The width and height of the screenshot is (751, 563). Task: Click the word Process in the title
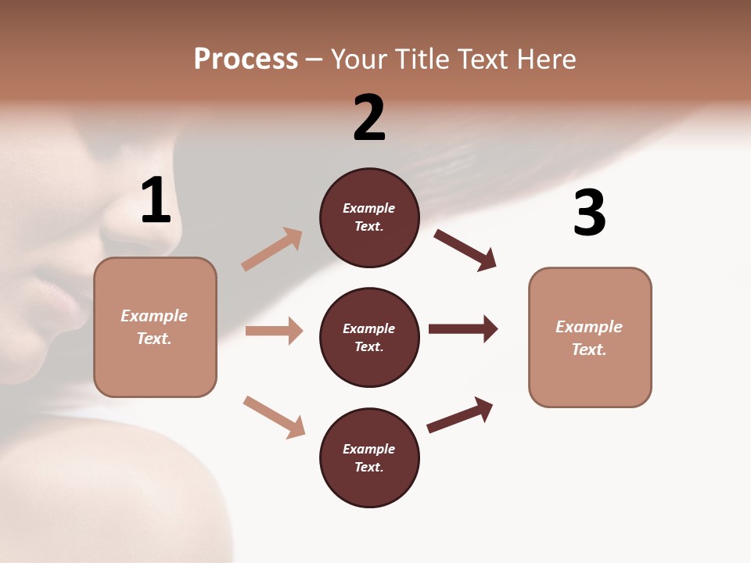tap(246, 59)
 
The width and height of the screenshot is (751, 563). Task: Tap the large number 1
tap(156, 200)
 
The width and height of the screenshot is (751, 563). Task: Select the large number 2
tap(369, 118)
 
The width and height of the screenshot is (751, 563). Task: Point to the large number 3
tap(589, 213)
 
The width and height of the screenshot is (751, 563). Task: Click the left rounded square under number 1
tap(155, 327)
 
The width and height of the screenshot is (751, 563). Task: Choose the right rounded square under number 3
tap(590, 337)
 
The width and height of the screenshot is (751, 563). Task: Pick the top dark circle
tap(369, 217)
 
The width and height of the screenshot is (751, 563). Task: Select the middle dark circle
tap(369, 337)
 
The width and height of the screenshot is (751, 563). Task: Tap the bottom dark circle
tap(369, 457)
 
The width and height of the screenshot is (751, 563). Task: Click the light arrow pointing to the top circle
tap(272, 249)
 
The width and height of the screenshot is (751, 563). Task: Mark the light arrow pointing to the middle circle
tap(274, 331)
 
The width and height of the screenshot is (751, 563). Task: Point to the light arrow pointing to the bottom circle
tap(274, 416)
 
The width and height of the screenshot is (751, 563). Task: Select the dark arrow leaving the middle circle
tap(463, 328)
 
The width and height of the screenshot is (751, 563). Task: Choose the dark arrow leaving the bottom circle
tap(460, 414)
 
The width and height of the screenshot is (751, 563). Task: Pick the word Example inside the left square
tap(154, 316)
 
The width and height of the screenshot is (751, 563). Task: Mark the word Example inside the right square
tap(589, 327)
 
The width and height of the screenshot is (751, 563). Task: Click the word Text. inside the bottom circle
tap(369, 467)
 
